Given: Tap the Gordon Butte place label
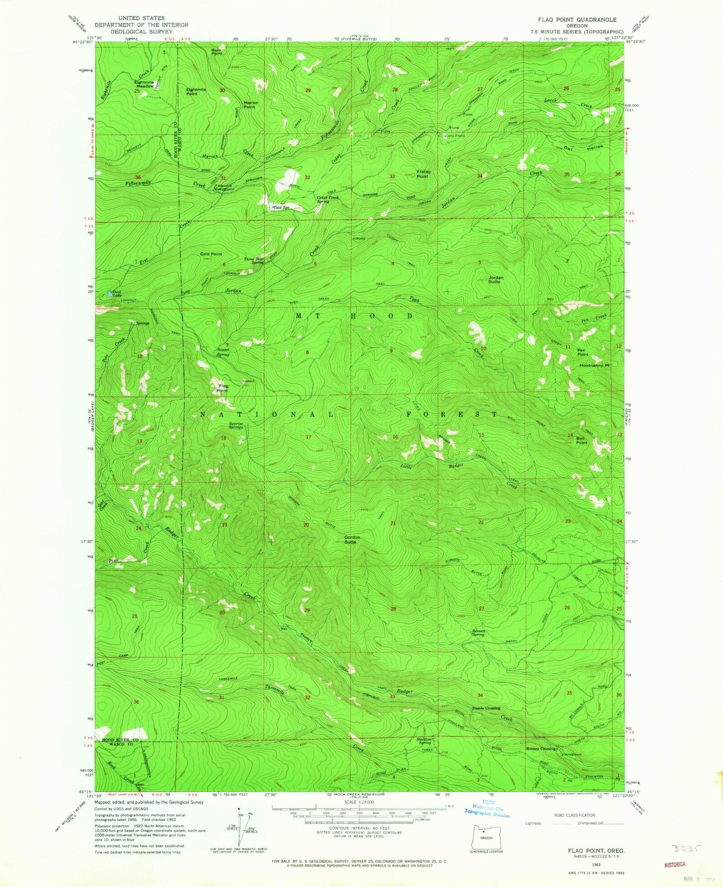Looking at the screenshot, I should (x=352, y=540).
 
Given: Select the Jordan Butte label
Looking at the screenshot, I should (x=495, y=279).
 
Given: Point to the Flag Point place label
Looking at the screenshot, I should (x=222, y=388).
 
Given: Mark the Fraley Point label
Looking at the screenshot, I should (x=423, y=174).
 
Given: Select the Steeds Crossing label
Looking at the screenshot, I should (x=486, y=708).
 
